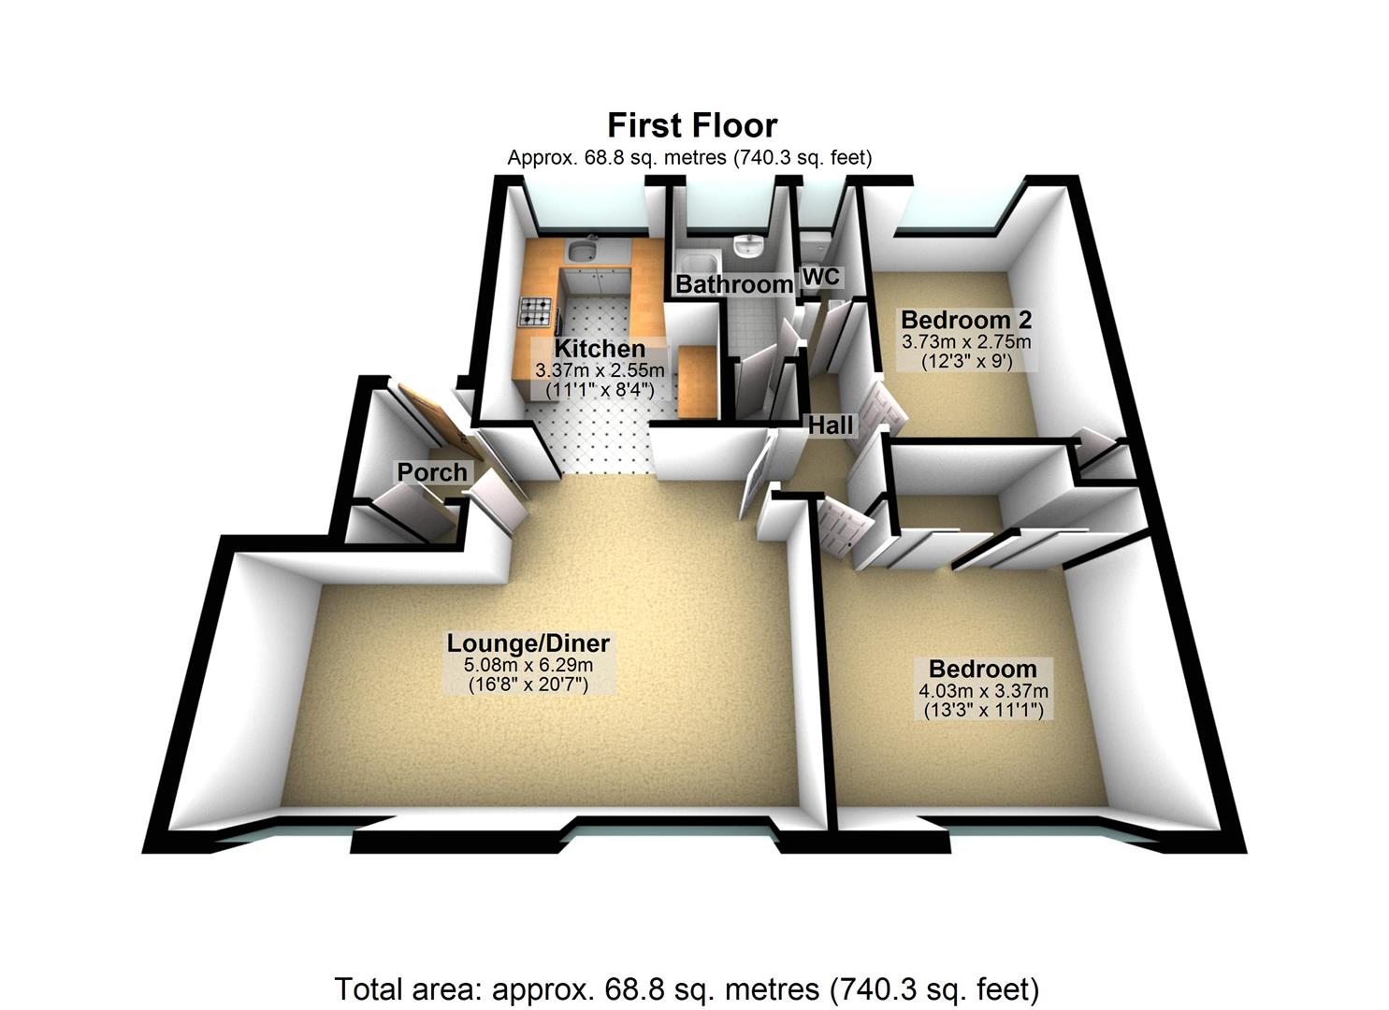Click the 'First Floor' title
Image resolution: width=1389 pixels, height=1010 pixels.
coord(692,125)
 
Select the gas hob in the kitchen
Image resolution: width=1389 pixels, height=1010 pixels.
coord(536,310)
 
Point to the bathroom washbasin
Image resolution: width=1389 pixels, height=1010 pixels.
coord(748,247)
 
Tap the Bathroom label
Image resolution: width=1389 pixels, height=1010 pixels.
coord(734,283)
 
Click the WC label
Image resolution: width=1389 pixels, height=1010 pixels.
coord(821,277)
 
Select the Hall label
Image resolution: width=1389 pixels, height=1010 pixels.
coord(831,426)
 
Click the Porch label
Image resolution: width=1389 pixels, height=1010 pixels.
coord(432,472)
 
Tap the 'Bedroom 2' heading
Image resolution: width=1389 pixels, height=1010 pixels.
coord(966,320)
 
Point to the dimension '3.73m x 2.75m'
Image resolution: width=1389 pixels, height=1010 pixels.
coord(966,341)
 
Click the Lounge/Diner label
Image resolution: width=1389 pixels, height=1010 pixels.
coord(528,643)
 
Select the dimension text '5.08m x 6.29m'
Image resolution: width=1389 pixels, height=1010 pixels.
coord(528,665)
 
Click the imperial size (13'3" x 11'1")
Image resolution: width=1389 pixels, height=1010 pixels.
coord(982,711)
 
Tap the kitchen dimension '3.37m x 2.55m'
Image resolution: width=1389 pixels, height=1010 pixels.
coord(600,370)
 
